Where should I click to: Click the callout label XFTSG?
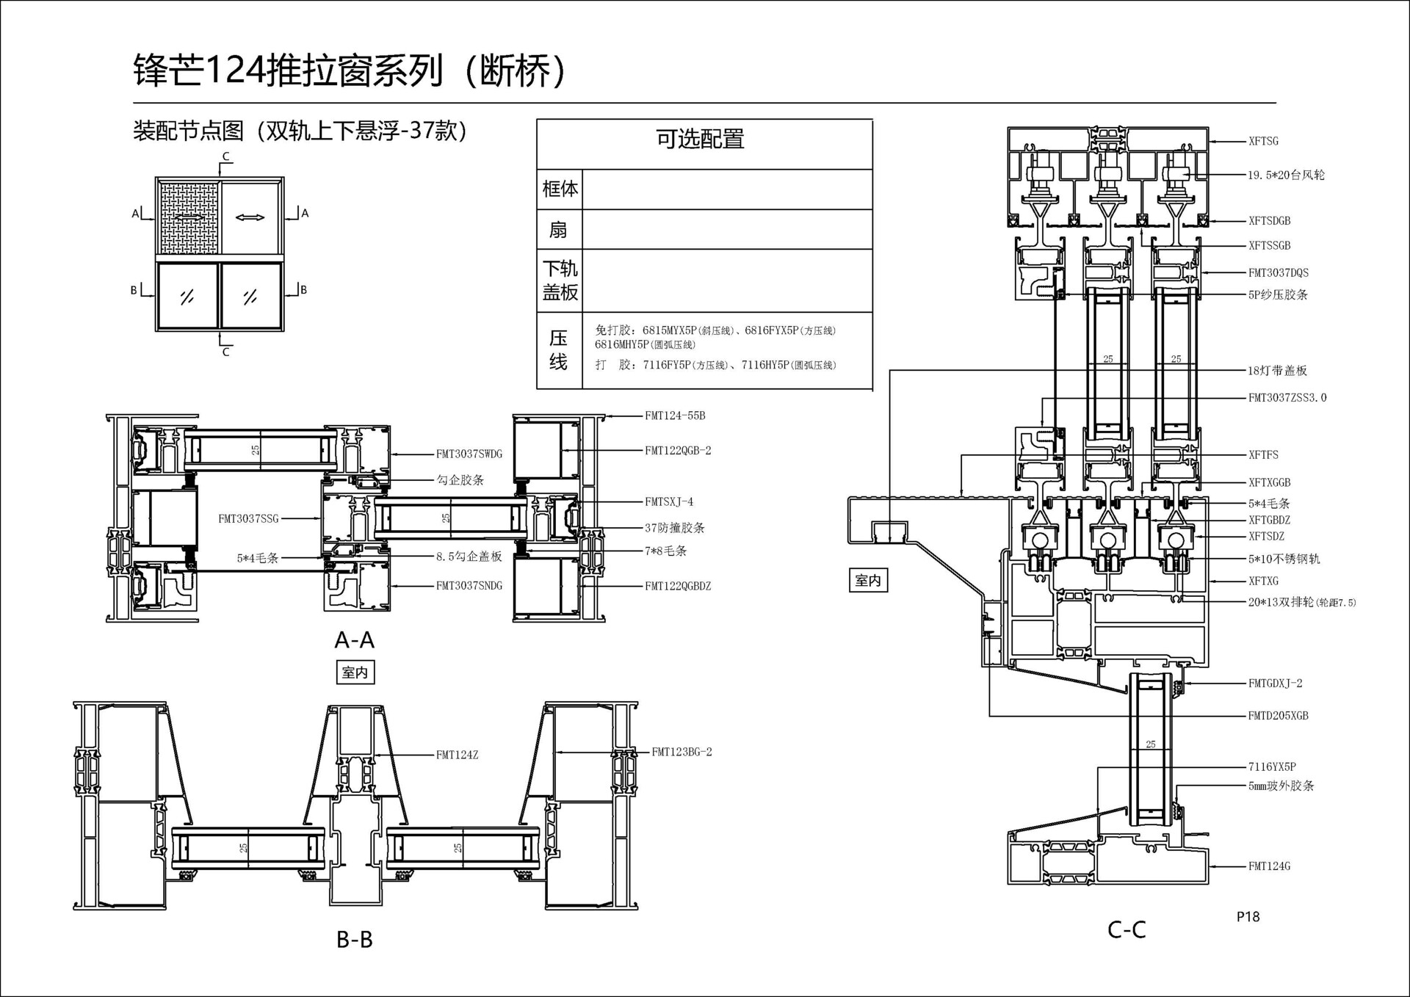point(1263,141)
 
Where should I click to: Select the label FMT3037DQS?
point(1279,272)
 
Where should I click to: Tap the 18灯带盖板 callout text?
point(1278,371)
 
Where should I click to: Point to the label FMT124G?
point(1269,866)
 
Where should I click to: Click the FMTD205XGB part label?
point(1279,716)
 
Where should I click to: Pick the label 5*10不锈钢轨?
point(1284,559)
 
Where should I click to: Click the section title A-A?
point(355,640)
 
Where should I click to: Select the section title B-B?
point(355,939)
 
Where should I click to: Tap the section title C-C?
point(1127,929)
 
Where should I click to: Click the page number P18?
point(1248,916)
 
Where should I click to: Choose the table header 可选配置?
point(700,139)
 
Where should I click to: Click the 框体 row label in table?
point(560,189)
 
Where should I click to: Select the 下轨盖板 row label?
point(560,280)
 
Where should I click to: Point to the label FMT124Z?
point(457,755)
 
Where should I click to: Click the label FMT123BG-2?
point(681,752)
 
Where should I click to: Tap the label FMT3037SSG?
point(248,519)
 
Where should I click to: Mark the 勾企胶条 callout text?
point(460,480)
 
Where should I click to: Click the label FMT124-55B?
point(675,416)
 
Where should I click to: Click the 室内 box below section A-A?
point(355,672)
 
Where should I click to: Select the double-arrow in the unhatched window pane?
point(250,217)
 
